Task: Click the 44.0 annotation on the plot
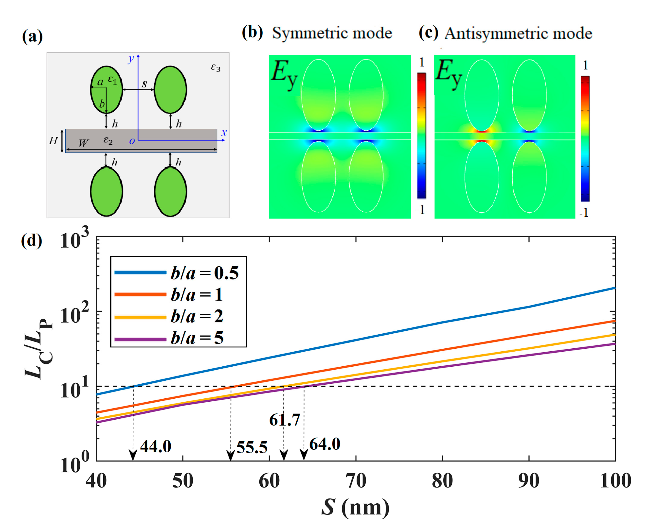click(156, 447)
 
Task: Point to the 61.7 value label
click(285, 420)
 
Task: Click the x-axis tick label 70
click(356, 481)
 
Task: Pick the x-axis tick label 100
click(615, 481)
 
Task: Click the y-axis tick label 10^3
click(74, 240)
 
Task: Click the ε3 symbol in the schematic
click(215, 67)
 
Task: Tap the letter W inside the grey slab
click(83, 143)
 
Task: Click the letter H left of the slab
click(53, 140)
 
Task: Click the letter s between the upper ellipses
click(144, 83)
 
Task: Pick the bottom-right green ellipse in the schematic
click(170, 192)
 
